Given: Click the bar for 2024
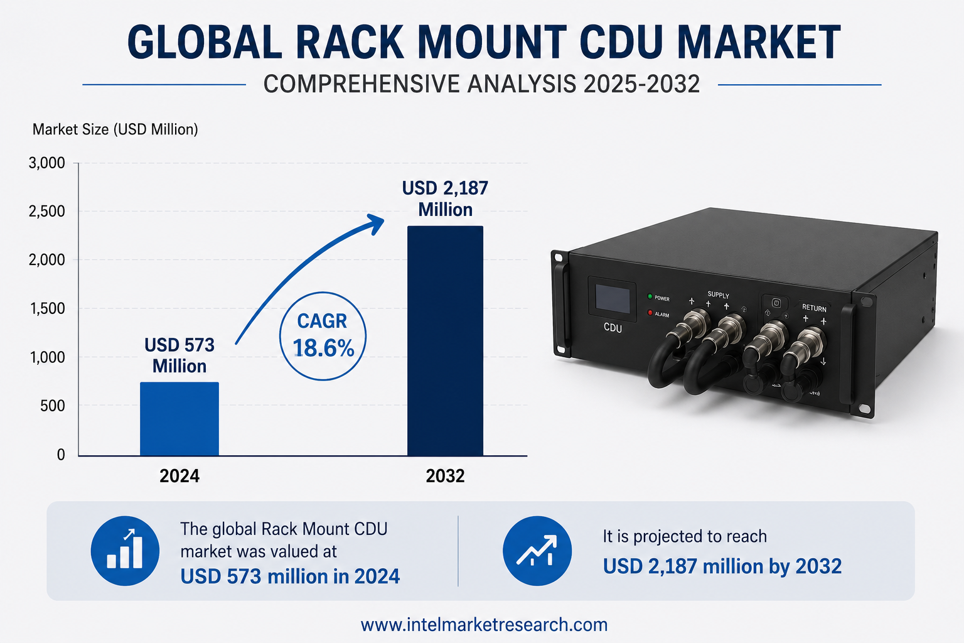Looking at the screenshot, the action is coord(179,419).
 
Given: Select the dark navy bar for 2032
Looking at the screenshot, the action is coord(445,341).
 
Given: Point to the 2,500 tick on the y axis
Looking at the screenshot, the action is coord(46,212).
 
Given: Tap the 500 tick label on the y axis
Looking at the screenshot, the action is coord(53,406).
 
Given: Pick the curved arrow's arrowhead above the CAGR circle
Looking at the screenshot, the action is coord(375,224).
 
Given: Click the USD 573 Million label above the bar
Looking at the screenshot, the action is coord(179,356).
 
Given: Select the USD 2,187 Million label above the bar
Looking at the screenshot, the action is coord(445,199).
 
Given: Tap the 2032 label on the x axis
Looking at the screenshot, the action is coord(445,476).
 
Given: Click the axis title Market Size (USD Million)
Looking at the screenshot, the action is coord(115,129).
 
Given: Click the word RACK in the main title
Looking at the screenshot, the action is coord(350,42).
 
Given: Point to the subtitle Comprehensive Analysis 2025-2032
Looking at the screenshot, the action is coord(481,84).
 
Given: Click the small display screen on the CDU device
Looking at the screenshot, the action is coord(613,300).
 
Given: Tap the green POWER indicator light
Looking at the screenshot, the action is coord(650,296).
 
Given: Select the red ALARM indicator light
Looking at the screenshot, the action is coord(650,313).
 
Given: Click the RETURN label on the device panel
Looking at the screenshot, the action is coord(814,308).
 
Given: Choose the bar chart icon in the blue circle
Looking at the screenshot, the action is coord(125,551).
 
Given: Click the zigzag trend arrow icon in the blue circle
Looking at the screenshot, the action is coord(537,551).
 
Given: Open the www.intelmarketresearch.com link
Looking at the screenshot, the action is coord(484,625).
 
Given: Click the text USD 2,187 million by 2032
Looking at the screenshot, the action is coord(722,566).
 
